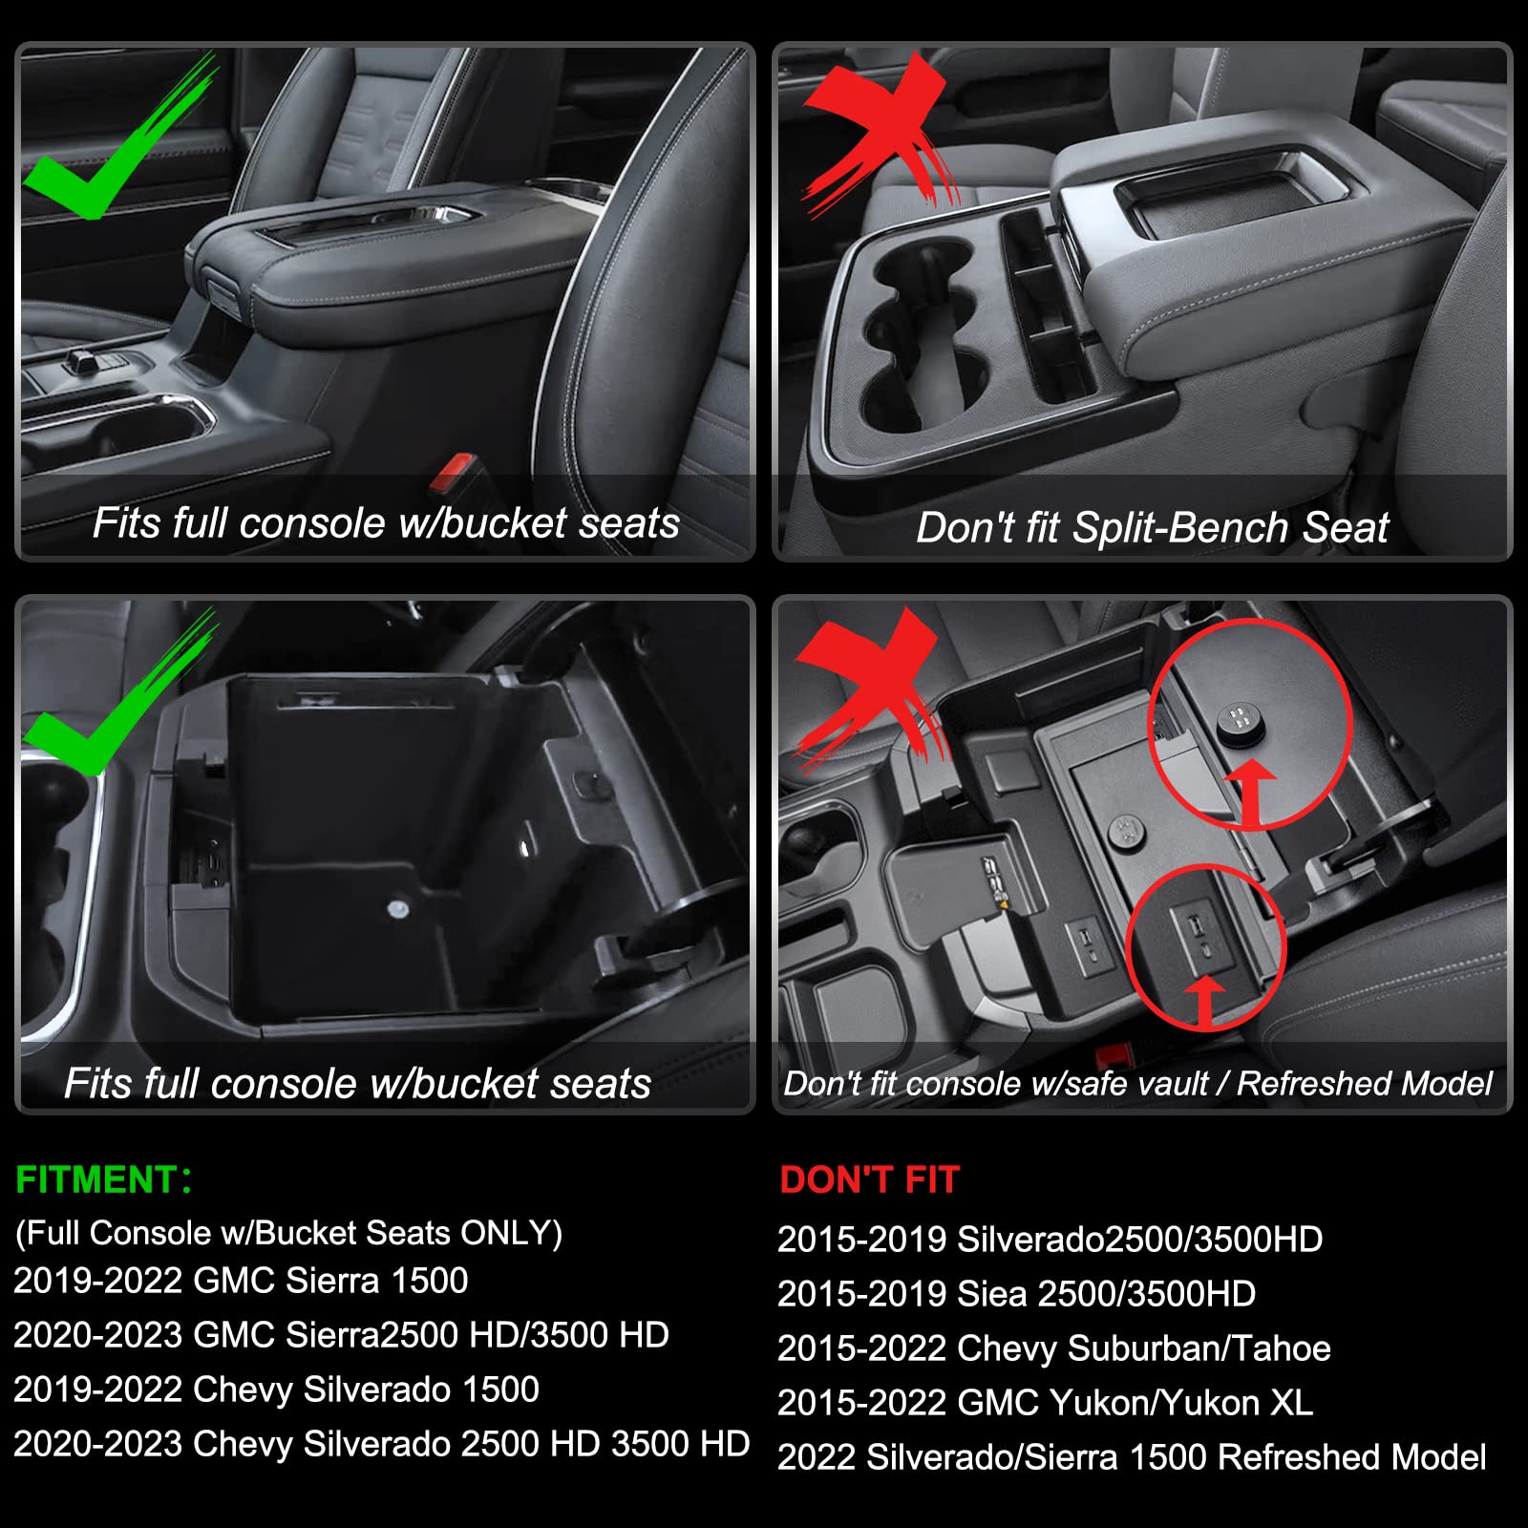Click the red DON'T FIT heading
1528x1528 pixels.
point(869,1180)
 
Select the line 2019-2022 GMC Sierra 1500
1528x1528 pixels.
point(241,1281)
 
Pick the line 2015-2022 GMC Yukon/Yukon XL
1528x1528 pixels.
point(1045,1403)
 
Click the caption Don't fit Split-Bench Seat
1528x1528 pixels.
point(1151,527)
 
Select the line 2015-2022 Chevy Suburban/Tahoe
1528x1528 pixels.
point(1053,1348)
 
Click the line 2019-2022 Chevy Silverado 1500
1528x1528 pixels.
point(276,1390)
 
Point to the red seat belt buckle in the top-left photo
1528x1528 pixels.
point(451,471)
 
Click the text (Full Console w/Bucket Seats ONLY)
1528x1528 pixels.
point(288,1233)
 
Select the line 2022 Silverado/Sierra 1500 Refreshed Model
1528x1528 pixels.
point(1132,1457)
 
